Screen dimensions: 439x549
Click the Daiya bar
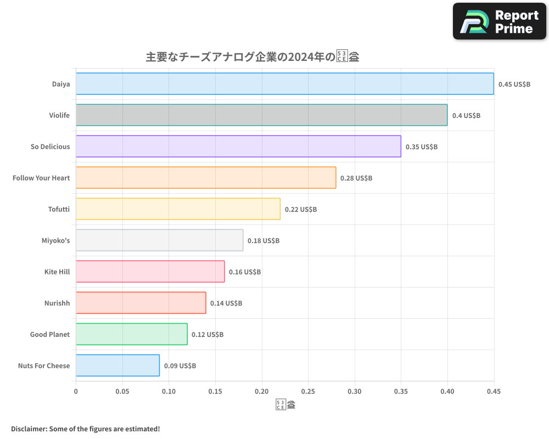click(284, 84)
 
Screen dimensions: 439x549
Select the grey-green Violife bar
click(261, 115)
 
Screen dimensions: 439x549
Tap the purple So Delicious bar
click(238, 147)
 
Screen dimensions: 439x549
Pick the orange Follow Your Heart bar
click(206, 178)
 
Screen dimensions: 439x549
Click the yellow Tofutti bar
click(178, 209)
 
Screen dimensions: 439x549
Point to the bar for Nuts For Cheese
click(117, 365)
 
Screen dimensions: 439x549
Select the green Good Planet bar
click(131, 334)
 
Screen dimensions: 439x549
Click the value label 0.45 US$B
click(514, 85)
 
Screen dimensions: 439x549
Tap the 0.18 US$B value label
click(263, 241)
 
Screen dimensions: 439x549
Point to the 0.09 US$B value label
click(180, 366)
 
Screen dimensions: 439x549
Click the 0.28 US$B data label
click(356, 178)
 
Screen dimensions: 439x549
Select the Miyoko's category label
click(55, 240)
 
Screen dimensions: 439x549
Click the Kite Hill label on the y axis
click(57, 272)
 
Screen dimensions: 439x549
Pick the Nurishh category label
click(57, 303)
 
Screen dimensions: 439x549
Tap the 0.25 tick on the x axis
click(308, 392)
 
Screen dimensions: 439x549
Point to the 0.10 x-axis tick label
click(169, 392)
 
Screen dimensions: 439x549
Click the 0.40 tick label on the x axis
click(447, 392)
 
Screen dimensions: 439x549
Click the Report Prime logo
click(500, 21)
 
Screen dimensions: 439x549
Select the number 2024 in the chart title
click(302, 57)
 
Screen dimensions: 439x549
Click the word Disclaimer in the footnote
click(28, 429)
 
